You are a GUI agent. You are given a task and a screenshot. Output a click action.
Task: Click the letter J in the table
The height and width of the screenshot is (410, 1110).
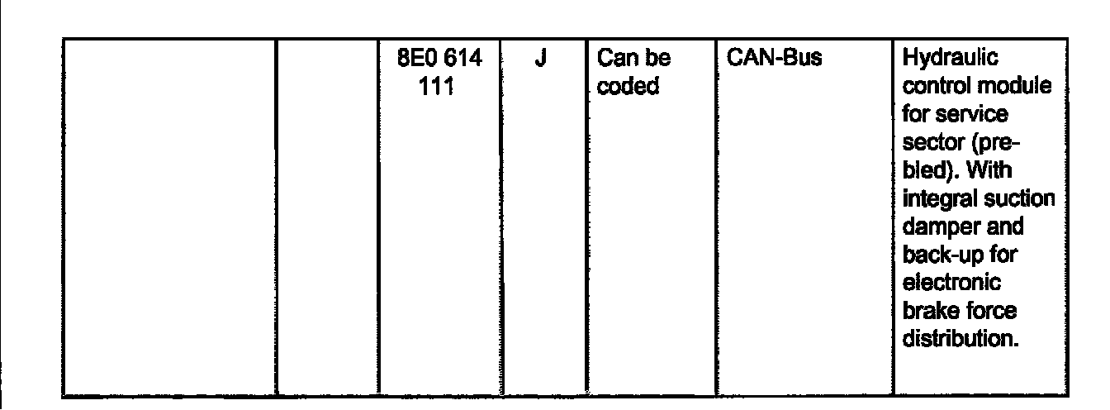pyautogui.click(x=541, y=60)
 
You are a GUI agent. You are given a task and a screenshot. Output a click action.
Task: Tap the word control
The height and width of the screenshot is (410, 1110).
pyautogui.click(x=937, y=87)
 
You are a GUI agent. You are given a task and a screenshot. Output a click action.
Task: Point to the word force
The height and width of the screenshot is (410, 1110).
pyautogui.click(x=985, y=312)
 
